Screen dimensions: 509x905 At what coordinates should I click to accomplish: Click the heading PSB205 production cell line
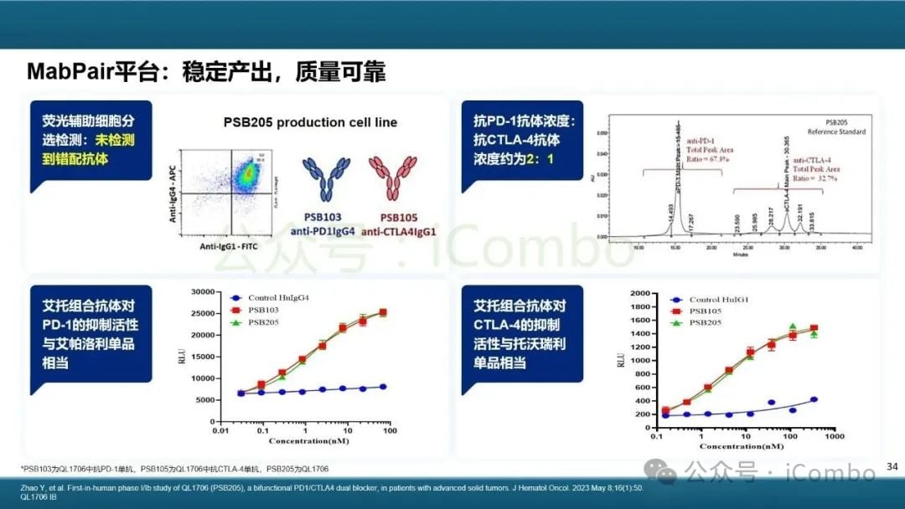(x=310, y=122)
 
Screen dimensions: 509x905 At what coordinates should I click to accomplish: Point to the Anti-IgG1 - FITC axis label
(x=229, y=247)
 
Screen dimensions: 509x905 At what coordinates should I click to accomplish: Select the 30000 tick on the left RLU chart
(x=200, y=292)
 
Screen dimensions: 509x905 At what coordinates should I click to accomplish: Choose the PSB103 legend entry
(x=263, y=310)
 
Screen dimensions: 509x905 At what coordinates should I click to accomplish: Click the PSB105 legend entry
(x=706, y=311)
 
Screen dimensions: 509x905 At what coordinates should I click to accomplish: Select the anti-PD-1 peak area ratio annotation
(x=708, y=150)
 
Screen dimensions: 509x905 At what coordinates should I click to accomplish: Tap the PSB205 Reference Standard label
(x=835, y=126)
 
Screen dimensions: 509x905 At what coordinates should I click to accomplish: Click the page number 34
(x=892, y=465)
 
